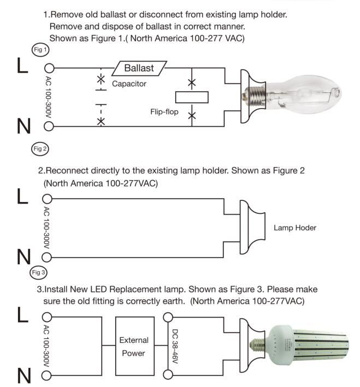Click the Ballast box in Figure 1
[x=139, y=69]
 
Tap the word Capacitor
[x=129, y=84]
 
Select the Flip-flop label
[x=164, y=111]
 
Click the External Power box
[x=133, y=347]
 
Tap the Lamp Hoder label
[x=295, y=228]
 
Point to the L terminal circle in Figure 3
[x=48, y=317]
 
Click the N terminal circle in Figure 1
[x=49, y=127]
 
